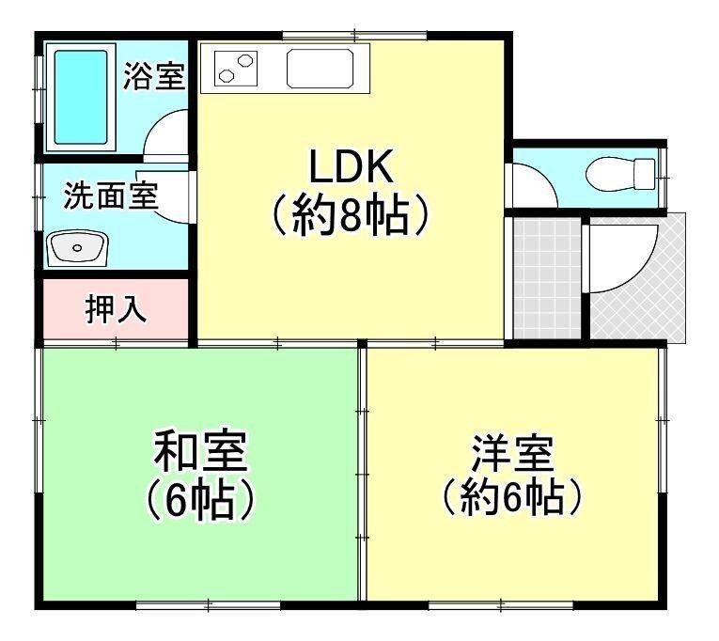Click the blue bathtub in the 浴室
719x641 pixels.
81,97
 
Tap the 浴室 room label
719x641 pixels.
154,76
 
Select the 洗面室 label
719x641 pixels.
112,196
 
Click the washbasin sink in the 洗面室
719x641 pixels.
77,248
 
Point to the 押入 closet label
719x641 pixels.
116,309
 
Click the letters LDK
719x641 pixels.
352,165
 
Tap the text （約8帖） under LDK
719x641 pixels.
352,214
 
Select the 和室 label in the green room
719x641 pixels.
200,452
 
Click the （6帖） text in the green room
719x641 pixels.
200,500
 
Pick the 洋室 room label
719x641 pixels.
512,453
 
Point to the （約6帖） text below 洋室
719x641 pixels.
512,496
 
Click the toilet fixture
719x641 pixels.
621,174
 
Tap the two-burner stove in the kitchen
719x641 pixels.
236,69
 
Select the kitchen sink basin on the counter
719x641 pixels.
320,69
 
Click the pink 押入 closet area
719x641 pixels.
116,309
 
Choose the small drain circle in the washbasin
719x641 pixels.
77,248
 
